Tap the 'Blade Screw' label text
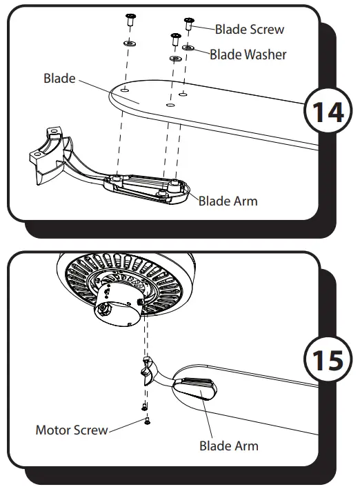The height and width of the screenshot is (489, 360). [249, 30]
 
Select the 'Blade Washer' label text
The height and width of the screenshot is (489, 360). [248, 54]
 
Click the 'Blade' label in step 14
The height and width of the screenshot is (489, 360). [59, 78]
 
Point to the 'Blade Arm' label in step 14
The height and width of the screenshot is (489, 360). [228, 201]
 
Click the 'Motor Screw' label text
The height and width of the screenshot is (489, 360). [72, 430]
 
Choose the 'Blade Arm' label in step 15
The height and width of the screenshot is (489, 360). [229, 446]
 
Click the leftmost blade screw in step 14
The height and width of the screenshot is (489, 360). [128, 21]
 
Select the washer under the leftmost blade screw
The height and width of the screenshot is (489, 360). [128, 44]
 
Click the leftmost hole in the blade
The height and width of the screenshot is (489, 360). [124, 90]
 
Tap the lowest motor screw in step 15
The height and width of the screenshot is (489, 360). [146, 420]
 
